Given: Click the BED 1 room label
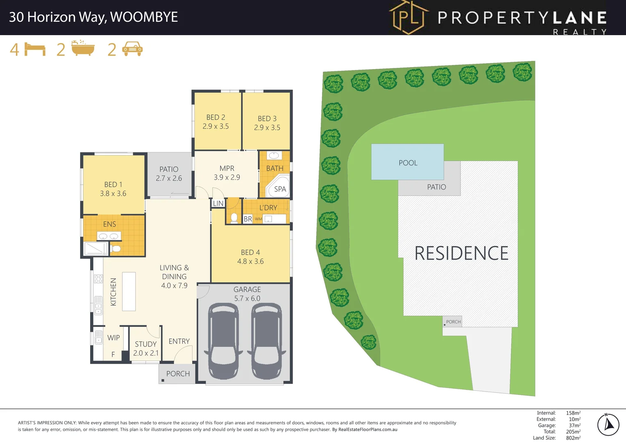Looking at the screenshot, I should click(x=113, y=189).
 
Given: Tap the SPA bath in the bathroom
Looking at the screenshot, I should click(x=279, y=187).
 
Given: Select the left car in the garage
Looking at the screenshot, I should click(x=223, y=341).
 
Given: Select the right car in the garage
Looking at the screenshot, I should click(x=266, y=341).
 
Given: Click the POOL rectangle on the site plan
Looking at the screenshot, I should click(x=407, y=162).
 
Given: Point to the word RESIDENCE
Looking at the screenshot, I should click(x=461, y=253).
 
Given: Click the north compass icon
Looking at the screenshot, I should click(x=608, y=424).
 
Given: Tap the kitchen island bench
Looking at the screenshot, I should click(x=129, y=291).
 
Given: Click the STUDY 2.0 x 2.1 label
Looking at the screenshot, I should click(x=146, y=349).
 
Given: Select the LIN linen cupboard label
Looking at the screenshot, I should click(x=218, y=203).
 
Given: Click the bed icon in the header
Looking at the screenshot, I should click(x=35, y=49).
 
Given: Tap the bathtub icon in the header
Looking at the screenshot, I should click(x=83, y=48).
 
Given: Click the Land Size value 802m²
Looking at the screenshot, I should click(x=573, y=438).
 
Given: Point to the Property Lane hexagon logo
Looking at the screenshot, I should click(x=408, y=17).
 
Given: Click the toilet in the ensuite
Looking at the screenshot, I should click(x=116, y=248).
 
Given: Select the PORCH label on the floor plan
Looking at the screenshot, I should click(x=178, y=374).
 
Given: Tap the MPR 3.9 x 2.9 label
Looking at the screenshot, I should click(x=227, y=173).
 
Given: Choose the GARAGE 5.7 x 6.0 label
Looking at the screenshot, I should click(x=247, y=294).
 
